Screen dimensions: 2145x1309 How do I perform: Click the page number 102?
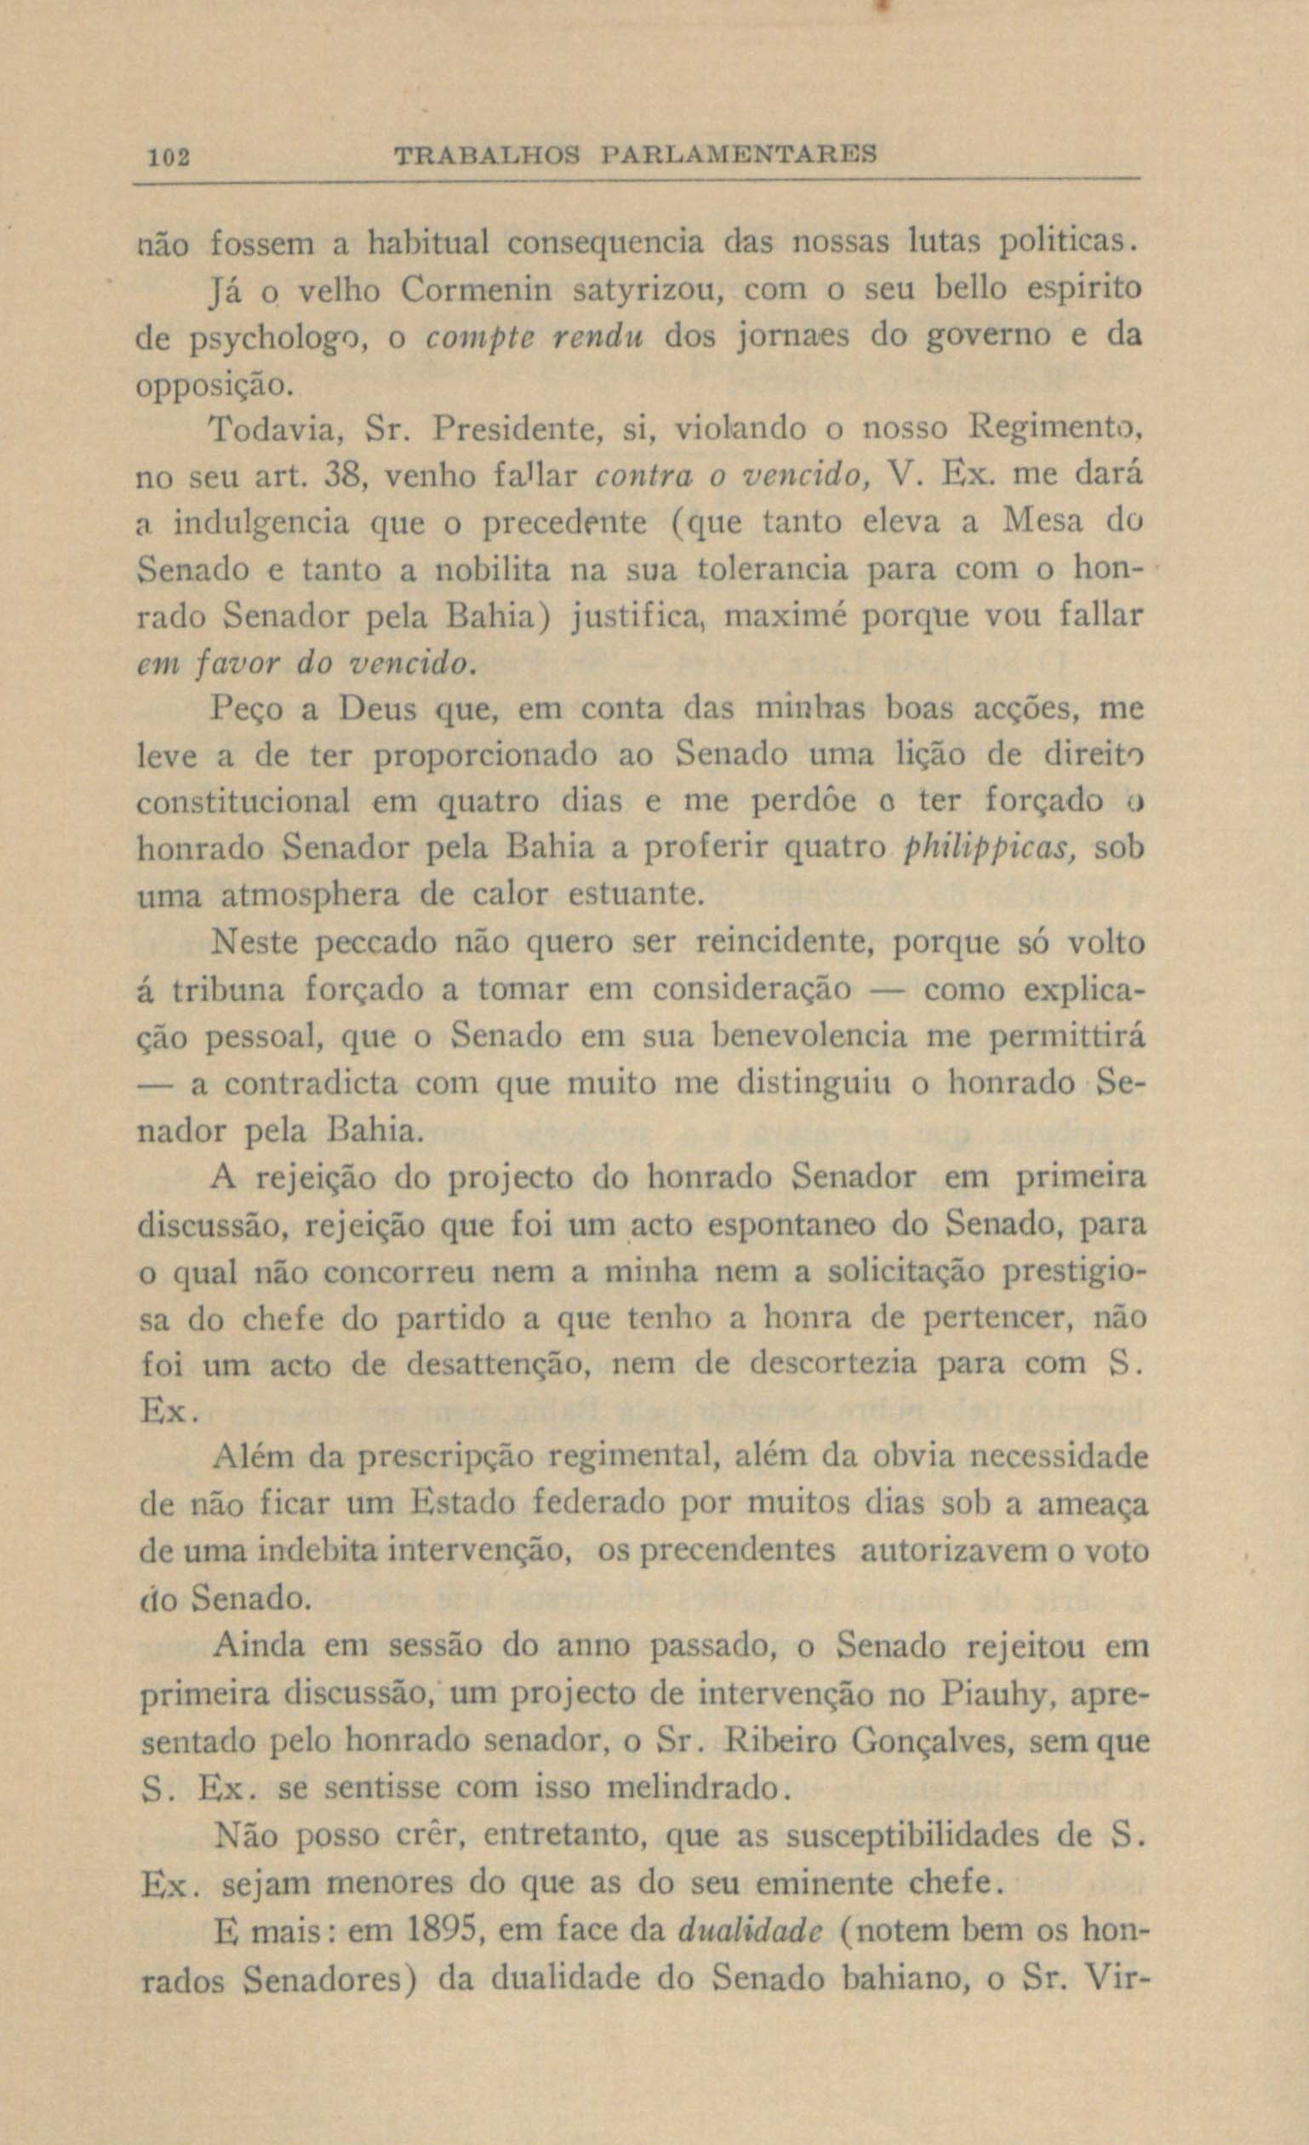click(x=169, y=157)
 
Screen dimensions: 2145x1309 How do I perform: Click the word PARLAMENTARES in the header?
click(x=738, y=156)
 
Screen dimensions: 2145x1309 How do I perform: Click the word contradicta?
click(x=310, y=1084)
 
